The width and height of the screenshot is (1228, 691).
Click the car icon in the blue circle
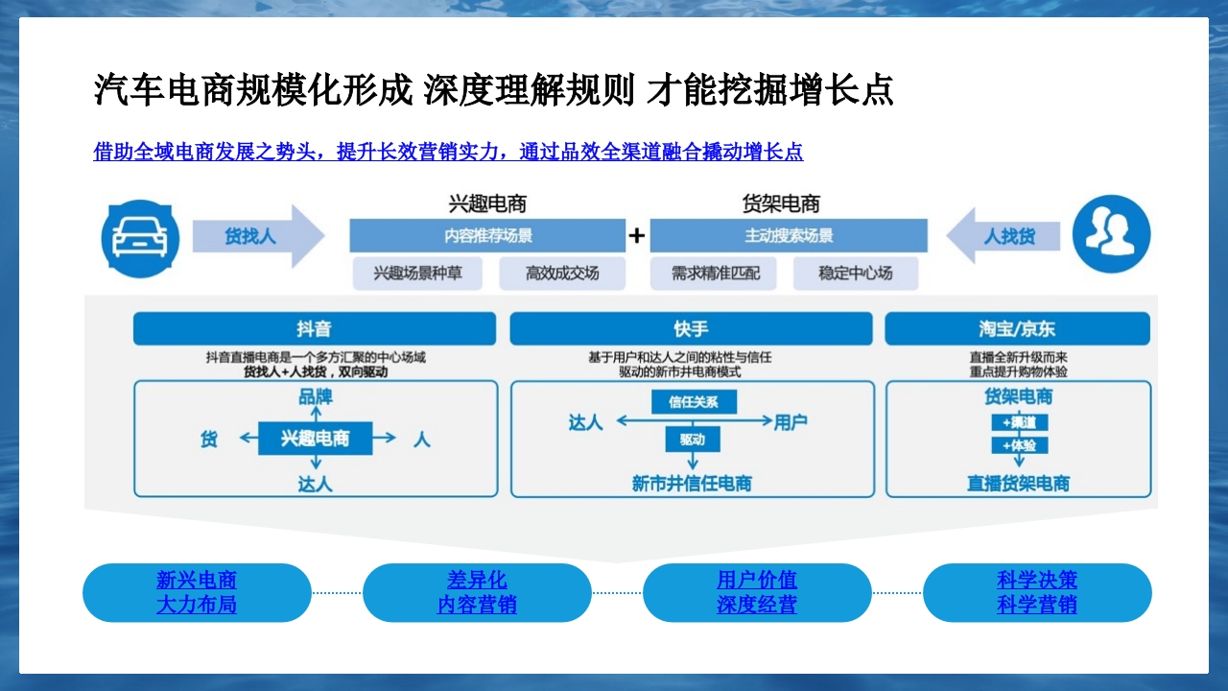(x=140, y=239)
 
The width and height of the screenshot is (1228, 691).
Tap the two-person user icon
(x=1111, y=234)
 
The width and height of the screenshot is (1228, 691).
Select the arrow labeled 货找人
(x=258, y=236)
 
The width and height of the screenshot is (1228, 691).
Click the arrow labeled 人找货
(x=1004, y=236)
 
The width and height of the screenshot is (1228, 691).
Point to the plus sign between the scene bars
(x=636, y=236)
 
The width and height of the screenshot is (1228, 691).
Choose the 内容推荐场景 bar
(x=487, y=236)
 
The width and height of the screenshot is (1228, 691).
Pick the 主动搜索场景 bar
(x=789, y=236)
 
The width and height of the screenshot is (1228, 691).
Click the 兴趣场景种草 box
(x=417, y=274)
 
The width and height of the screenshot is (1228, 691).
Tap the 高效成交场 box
(x=562, y=274)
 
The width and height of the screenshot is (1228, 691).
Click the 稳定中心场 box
(x=856, y=274)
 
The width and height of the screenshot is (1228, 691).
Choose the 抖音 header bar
(x=315, y=328)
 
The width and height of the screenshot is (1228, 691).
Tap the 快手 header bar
(x=692, y=328)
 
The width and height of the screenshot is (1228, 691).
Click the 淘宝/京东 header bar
(x=1018, y=328)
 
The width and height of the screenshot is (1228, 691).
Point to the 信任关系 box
(x=694, y=402)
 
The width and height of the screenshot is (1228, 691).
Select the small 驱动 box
(x=693, y=440)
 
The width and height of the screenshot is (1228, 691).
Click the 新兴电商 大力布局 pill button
(x=197, y=593)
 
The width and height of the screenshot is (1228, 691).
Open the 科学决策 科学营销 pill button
(x=1037, y=593)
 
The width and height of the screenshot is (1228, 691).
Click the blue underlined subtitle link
(x=448, y=152)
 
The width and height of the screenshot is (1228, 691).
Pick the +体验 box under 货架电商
(x=1020, y=445)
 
